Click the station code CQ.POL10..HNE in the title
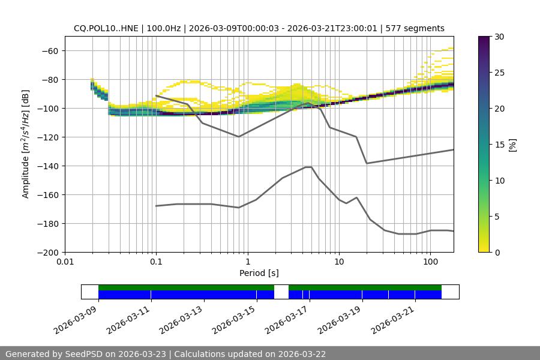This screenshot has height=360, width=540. pyautogui.click(x=106, y=28)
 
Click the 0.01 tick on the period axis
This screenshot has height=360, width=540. pyautogui.click(x=65, y=262)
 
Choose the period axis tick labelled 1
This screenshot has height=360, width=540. pyautogui.click(x=247, y=262)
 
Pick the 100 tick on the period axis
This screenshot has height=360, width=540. pyautogui.click(x=430, y=262)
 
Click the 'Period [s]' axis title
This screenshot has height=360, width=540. pyautogui.click(x=259, y=273)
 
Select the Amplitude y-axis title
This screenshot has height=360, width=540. pyautogui.click(x=26, y=144)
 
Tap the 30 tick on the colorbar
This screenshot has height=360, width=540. pyautogui.click(x=499, y=37)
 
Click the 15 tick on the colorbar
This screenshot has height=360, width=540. pyautogui.click(x=499, y=145)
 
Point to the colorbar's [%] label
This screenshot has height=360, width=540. pyautogui.click(x=512, y=145)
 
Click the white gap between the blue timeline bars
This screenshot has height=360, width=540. pyautogui.click(x=281, y=292)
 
